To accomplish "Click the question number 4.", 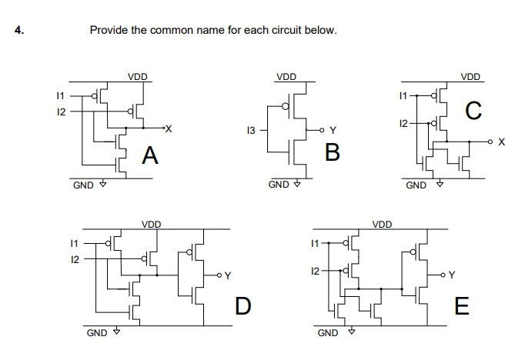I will click(x=18, y=31).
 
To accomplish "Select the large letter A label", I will click(x=151, y=157).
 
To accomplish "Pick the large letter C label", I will click(x=474, y=112).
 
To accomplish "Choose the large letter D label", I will click(x=242, y=306).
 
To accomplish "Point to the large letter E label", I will click(x=461, y=306).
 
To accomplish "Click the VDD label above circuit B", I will click(x=286, y=77).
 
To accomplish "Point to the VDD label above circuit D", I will click(x=151, y=224).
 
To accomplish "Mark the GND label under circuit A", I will click(x=83, y=185).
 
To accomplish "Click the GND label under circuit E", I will click(x=327, y=333).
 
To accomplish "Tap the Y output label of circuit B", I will click(x=333, y=130).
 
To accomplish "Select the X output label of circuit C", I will click(x=502, y=142).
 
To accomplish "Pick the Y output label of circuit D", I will click(x=227, y=275).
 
